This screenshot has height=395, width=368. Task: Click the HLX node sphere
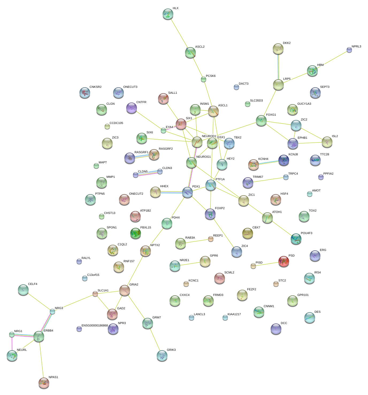[168, 14]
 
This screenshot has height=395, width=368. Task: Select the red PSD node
[283, 261]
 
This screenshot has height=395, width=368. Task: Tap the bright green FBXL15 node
[135, 233]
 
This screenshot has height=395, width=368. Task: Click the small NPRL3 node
[349, 50]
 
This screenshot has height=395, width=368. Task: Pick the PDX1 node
[187, 192]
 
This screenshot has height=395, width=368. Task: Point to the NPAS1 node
[44, 383]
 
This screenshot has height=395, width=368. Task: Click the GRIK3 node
[162, 355]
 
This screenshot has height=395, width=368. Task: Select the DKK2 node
[278, 49]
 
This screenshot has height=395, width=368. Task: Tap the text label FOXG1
[271, 115]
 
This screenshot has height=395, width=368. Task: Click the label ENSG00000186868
[95, 326]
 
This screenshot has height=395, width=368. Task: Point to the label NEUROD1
[209, 136]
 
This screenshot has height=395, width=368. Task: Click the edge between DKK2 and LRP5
[278, 67]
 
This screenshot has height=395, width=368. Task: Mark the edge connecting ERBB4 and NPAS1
[41, 359]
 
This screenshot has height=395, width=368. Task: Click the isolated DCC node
[276, 329]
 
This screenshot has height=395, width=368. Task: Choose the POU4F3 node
[296, 239]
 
